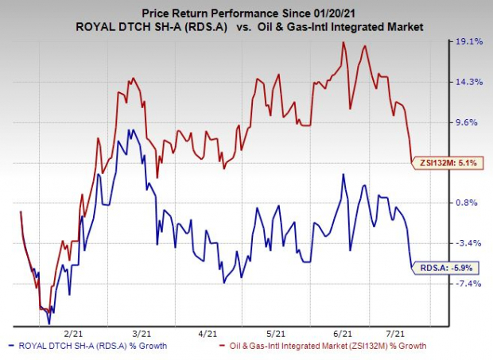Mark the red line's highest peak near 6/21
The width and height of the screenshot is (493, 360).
click(344, 43)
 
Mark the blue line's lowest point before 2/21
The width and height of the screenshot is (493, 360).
click(49, 323)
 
